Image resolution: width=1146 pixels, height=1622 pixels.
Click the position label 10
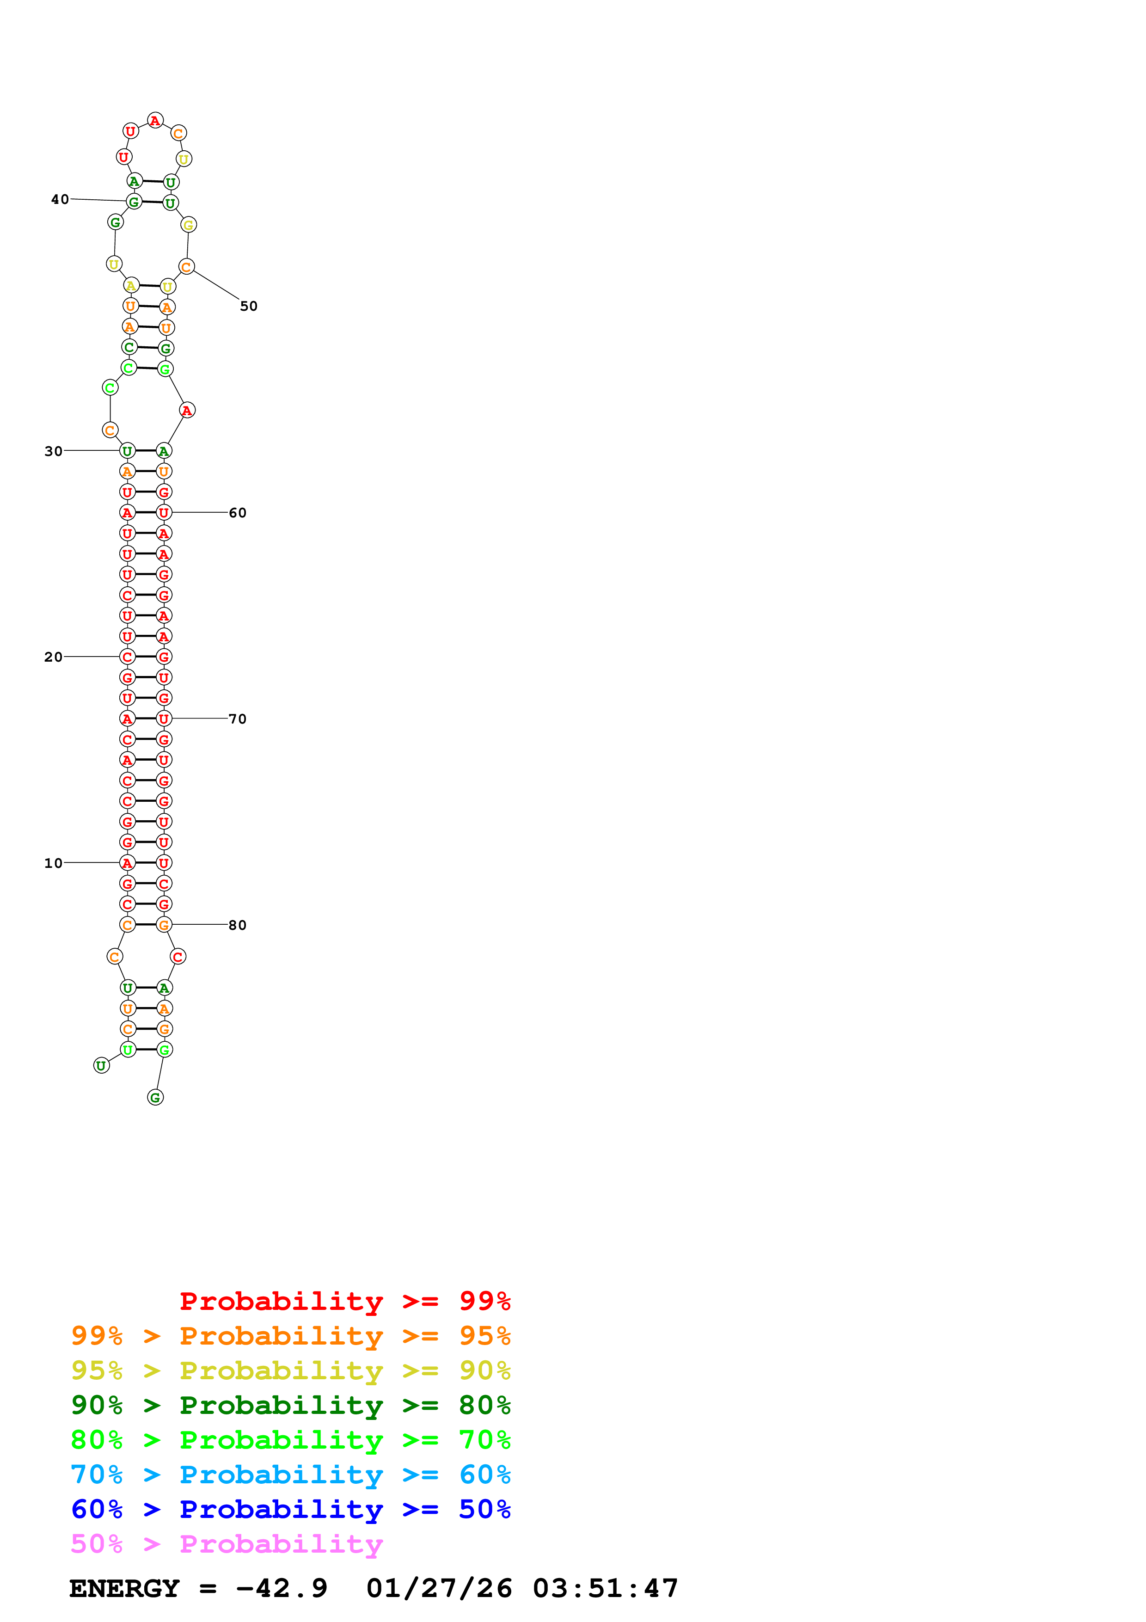54,863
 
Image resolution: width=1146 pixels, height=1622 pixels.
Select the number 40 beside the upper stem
60,199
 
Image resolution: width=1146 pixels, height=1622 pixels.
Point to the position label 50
249,306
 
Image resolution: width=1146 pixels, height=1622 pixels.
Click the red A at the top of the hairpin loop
155,121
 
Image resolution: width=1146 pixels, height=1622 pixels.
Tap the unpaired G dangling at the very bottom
155,1097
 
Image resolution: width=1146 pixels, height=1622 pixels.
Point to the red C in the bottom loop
178,957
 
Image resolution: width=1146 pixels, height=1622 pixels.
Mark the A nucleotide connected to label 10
127,863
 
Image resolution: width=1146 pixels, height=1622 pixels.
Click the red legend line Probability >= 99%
344,1301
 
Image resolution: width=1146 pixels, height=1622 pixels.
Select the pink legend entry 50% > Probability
227,1543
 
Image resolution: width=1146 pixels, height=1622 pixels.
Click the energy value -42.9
282,1588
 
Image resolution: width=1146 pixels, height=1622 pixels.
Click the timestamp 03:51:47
605,1588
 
